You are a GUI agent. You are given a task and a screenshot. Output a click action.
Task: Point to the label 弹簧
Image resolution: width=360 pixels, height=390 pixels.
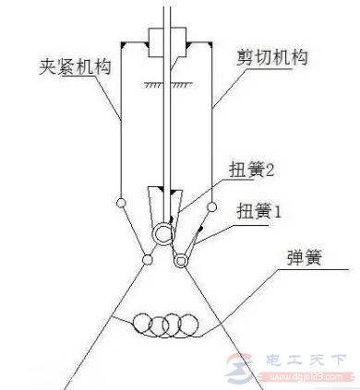pos(294,273)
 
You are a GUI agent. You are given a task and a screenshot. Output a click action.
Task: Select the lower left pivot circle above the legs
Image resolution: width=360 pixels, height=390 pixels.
pos(149,261)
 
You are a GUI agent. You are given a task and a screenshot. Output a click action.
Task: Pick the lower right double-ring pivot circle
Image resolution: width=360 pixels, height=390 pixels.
pos(180,262)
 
